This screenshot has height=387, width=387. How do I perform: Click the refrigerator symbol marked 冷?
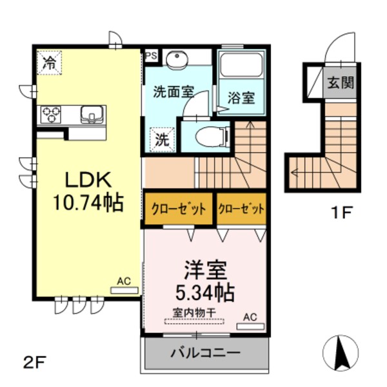click(49, 62)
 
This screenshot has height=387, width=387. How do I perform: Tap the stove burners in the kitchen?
click(50, 115)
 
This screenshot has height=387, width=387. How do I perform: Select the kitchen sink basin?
click(90, 115)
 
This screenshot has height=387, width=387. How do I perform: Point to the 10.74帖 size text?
click(88, 204)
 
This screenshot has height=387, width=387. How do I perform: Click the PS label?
click(150, 56)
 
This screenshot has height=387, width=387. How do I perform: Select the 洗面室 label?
click(174, 92)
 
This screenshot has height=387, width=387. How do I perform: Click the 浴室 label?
click(241, 98)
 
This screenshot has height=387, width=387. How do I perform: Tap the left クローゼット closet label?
click(179, 210)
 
